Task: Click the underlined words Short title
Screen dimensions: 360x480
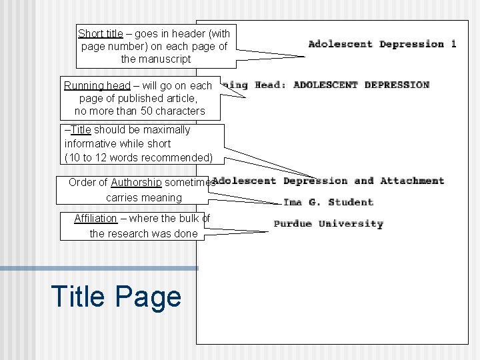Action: [x=100, y=33]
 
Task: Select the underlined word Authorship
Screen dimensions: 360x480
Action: [x=136, y=182]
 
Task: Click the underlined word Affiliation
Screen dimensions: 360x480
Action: [x=95, y=218]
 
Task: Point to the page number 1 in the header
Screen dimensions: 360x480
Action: [x=453, y=44]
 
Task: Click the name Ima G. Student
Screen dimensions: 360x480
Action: [x=328, y=202]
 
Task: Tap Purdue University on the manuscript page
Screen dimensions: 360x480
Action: [x=328, y=224]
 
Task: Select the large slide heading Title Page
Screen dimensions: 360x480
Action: [x=115, y=296]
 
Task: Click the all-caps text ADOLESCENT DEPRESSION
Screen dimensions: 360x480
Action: [x=361, y=85]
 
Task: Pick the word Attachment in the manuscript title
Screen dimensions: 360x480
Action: [x=412, y=181]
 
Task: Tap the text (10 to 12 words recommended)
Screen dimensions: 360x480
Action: [x=139, y=158]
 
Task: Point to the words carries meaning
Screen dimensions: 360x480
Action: [x=143, y=197]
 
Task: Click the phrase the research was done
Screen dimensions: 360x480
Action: [x=143, y=233]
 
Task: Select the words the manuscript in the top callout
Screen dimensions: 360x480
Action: [x=155, y=59]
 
